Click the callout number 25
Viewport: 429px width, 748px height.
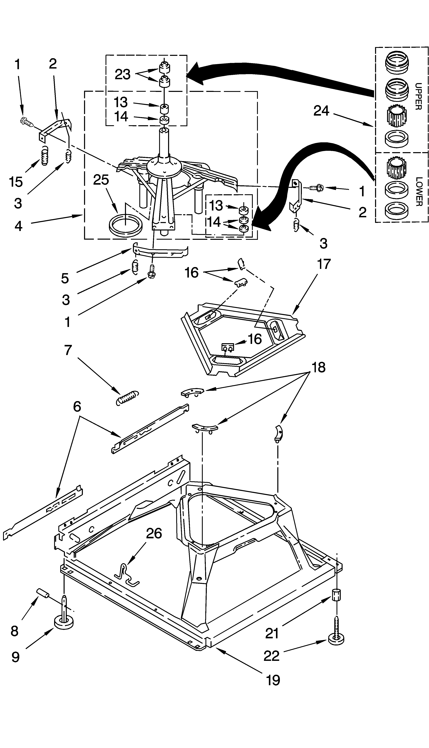[101, 180]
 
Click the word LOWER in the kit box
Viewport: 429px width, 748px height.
[418, 192]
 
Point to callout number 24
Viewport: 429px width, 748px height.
[321, 111]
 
